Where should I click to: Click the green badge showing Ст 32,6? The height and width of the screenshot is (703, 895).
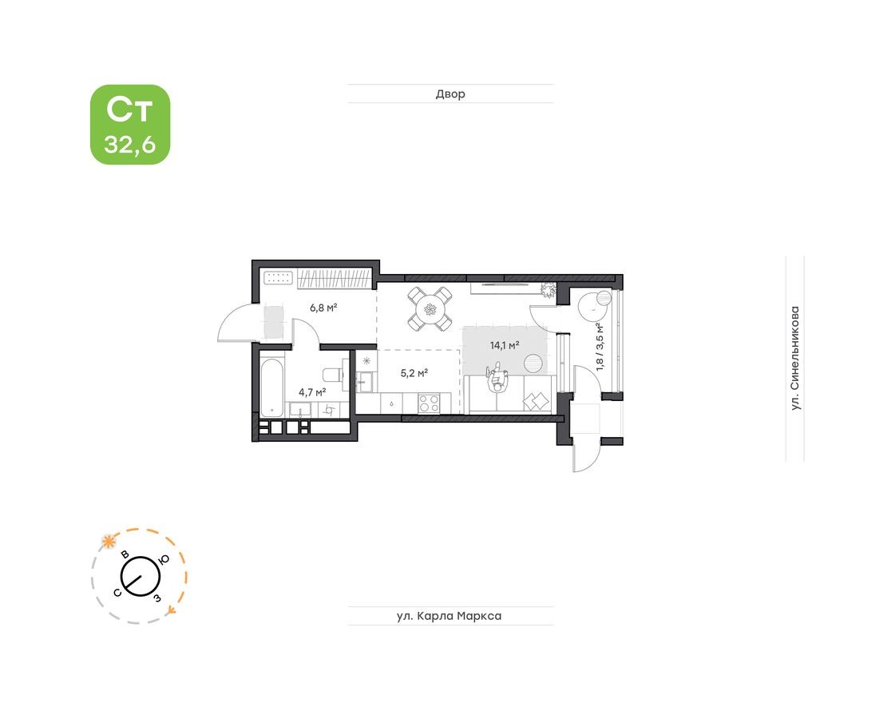[130, 125]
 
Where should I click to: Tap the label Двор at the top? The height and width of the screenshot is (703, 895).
[450, 94]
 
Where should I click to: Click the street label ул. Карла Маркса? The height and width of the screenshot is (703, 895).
[450, 616]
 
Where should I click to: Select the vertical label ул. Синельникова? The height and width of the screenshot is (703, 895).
[794, 359]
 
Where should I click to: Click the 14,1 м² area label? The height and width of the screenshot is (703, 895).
[505, 346]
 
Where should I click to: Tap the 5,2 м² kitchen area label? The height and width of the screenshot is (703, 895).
[414, 372]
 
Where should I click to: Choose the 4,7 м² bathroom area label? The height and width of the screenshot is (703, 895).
[311, 392]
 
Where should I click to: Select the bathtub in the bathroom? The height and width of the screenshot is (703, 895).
[271, 387]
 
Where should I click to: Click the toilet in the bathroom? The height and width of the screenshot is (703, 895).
[331, 374]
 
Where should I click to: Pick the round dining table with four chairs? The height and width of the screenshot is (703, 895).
[430, 309]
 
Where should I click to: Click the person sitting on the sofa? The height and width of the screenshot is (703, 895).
[497, 380]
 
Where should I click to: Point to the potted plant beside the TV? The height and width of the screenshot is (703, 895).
[548, 289]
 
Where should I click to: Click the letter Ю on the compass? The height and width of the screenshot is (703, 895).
[163, 559]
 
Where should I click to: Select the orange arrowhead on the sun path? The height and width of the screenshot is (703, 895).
[172, 610]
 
